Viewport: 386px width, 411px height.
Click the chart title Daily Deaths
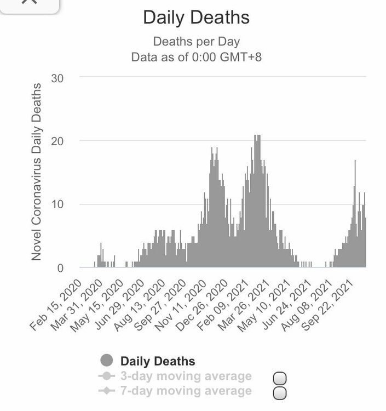tap(196, 18)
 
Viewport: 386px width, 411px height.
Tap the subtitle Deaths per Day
tap(196, 42)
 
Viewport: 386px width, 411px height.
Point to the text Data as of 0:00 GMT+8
tap(196, 57)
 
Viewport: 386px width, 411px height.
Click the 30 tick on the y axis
tap(57, 77)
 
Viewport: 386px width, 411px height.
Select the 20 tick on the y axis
tap(57, 141)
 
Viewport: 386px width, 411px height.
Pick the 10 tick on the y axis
tap(57, 204)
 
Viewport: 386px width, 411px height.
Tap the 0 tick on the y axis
tap(61, 268)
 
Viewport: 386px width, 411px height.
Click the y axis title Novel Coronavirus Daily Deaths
tap(37, 172)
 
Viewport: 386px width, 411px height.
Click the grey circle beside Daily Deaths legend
tap(107, 361)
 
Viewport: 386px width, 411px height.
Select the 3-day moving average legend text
tap(186, 376)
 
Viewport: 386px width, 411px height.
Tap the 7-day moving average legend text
tap(186, 391)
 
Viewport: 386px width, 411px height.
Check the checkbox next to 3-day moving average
tap(280, 379)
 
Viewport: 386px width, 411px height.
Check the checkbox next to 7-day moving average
tap(280, 393)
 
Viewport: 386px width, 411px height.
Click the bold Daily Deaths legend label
tap(157, 361)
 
